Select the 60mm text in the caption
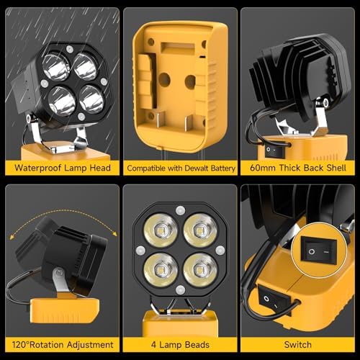pos(260,168)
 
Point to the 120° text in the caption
pos(19,344)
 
